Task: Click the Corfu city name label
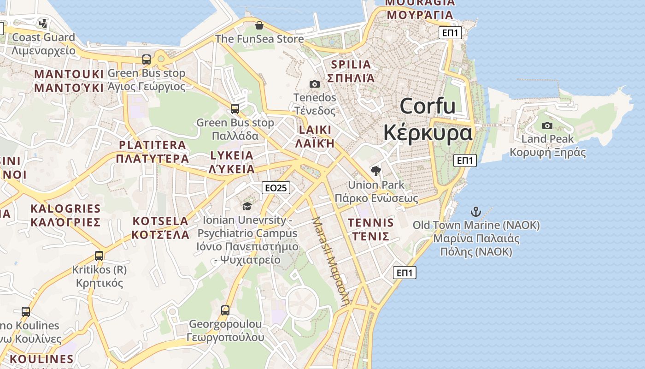428,119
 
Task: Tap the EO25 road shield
276,188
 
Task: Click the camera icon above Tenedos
315,84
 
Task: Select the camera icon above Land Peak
547,125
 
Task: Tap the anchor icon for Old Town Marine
475,212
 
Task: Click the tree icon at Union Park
376,171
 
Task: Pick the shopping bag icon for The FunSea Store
259,25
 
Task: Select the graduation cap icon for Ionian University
247,206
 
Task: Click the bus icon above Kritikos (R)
99,256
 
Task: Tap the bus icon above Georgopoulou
225,310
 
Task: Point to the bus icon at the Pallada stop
235,109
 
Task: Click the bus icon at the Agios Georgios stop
147,60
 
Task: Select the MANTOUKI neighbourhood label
69,81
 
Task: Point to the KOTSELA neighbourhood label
160,228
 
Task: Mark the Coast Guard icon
43,23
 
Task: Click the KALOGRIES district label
65,215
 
